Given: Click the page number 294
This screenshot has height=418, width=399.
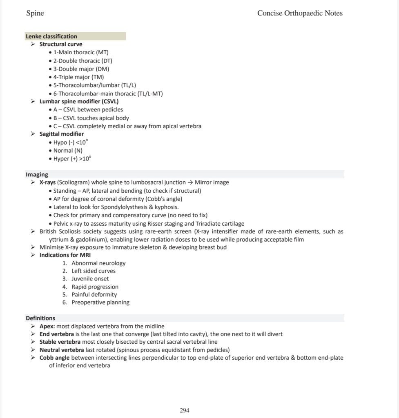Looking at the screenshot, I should (x=184, y=410).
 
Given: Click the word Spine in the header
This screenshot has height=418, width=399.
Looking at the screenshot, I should (x=35, y=13).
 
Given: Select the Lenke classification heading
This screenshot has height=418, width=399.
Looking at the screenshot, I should (x=51, y=36).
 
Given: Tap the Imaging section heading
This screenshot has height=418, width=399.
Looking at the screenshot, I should (x=37, y=174).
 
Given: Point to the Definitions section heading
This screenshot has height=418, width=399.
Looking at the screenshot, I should (x=40, y=318).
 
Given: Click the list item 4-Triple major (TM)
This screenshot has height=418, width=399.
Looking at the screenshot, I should (x=78, y=77).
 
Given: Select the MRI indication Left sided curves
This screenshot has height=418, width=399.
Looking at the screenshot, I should (x=94, y=271).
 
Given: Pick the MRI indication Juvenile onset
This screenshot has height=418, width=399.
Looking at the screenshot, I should (x=90, y=278).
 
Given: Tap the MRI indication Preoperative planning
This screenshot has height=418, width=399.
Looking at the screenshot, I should (x=100, y=302).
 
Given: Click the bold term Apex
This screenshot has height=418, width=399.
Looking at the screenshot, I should (x=47, y=326).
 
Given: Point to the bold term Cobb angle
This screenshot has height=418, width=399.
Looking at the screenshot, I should (x=54, y=358).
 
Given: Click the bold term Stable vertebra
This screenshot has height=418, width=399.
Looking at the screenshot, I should (x=60, y=342).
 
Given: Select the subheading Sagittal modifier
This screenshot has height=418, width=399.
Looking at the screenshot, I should (x=62, y=134).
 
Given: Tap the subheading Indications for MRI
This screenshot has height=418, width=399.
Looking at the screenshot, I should (x=65, y=255).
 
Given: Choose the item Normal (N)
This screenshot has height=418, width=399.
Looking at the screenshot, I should (x=68, y=150).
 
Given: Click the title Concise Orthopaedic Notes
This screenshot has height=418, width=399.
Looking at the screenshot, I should (x=300, y=13).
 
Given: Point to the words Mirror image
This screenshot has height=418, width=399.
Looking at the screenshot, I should (x=212, y=182).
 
